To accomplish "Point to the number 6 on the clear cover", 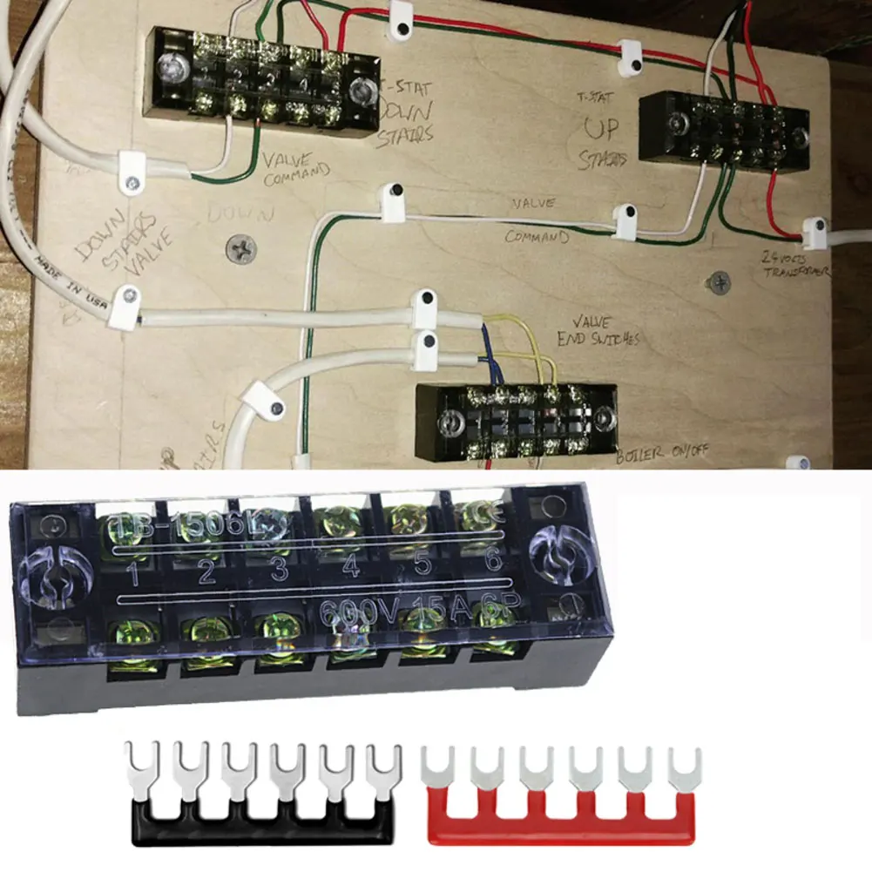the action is click(493, 561).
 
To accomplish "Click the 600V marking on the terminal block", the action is click(355, 611).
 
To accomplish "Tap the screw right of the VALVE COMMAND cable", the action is click(720, 281).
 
